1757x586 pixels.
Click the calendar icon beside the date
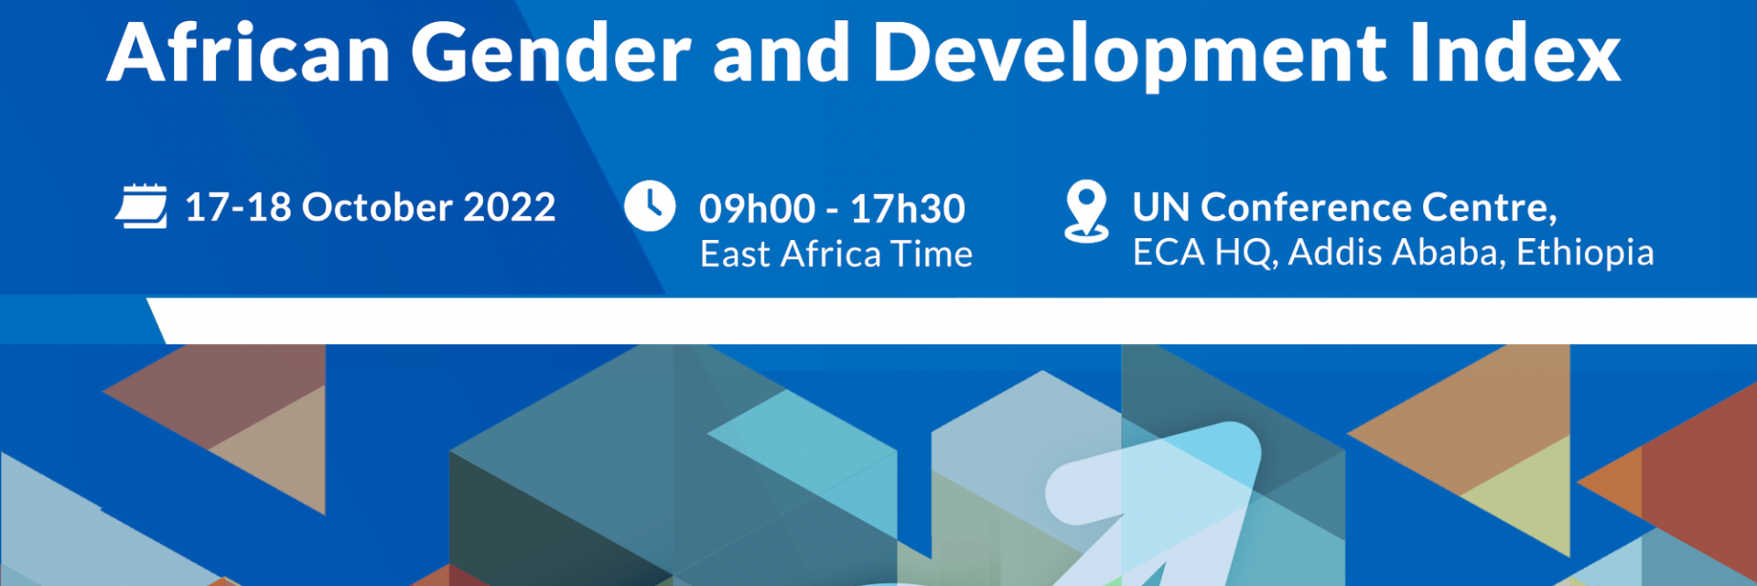coord(142,206)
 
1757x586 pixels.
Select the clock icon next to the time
coord(650,206)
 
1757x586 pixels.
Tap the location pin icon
coord(1086,211)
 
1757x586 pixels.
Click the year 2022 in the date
coord(509,208)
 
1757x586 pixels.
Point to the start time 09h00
coord(757,210)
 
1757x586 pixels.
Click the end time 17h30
coord(908,210)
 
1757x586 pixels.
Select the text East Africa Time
coord(835,255)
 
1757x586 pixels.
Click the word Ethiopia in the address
coord(1585,253)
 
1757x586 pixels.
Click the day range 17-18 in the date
coord(238,208)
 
